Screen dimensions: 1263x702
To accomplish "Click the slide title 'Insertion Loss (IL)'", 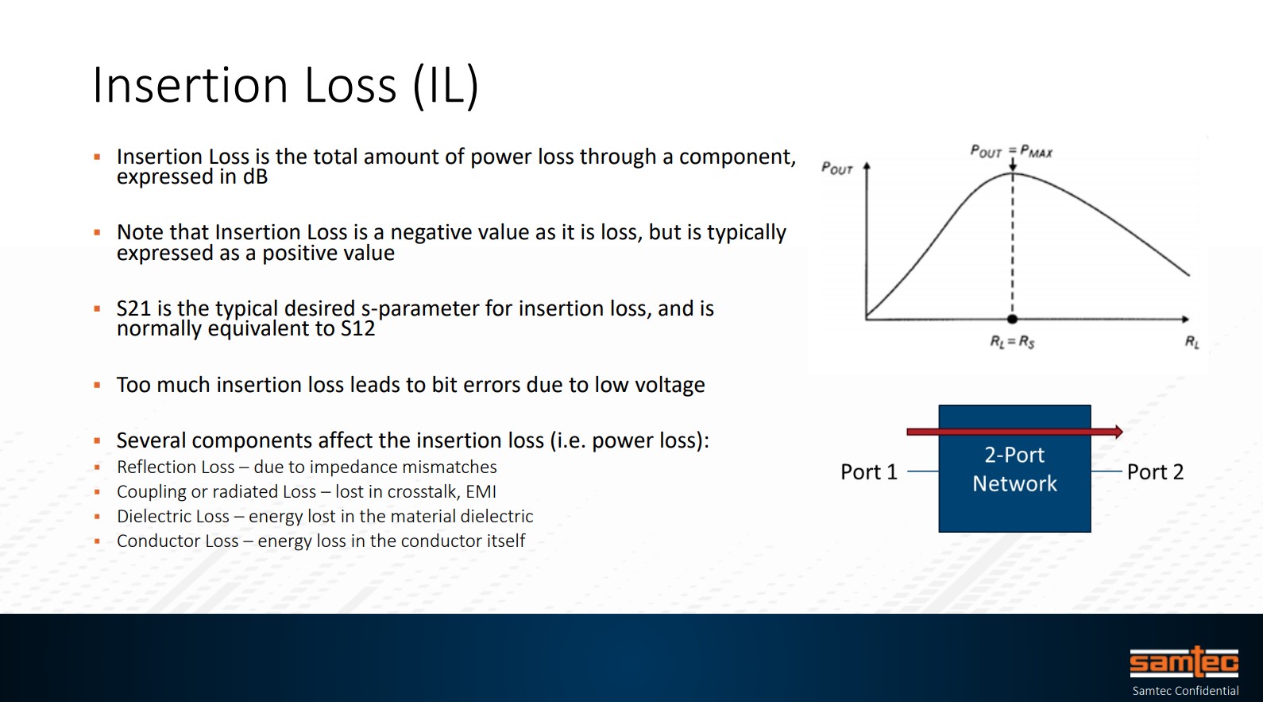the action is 285,86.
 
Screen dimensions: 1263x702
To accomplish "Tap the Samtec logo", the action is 1184,662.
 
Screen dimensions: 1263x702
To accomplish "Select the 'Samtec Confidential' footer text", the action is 1185,691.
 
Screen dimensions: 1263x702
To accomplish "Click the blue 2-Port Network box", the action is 1014,468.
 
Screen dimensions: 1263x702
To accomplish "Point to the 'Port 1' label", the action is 869,471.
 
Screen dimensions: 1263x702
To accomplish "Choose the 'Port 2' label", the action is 1155,471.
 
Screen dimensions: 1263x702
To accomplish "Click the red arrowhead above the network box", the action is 1118,432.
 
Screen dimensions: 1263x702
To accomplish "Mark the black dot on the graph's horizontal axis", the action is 1012,320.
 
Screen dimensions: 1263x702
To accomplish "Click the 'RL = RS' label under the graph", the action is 1013,342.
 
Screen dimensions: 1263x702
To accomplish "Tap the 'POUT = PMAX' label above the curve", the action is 1011,151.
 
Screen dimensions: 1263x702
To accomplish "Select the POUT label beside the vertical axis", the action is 836,169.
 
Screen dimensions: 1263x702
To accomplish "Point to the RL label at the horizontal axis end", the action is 1192,342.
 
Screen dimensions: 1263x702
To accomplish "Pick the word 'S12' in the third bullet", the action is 357,328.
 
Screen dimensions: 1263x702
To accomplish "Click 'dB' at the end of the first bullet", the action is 255,176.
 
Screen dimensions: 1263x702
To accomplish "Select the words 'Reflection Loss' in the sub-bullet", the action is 176,467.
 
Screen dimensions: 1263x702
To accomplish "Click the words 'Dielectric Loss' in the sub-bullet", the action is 173,516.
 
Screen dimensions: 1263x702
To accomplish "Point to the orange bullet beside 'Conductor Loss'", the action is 97,541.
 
